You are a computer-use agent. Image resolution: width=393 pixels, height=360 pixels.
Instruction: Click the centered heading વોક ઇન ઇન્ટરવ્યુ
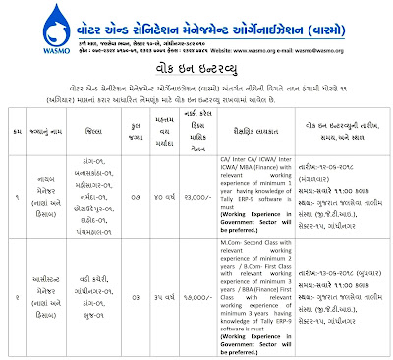tap(196, 70)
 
